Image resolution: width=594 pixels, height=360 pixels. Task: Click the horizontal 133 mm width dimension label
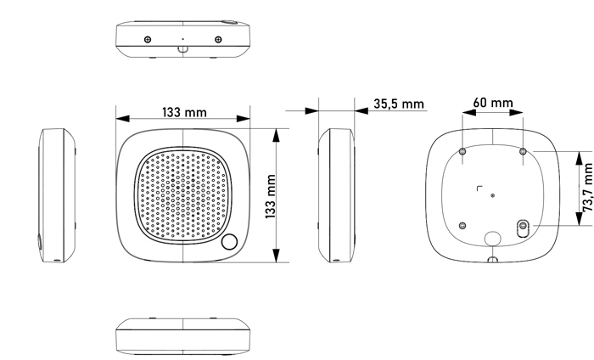point(184,113)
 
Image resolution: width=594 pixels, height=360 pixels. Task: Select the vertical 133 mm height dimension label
point(271,196)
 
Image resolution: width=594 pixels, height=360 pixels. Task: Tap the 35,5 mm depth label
point(399,104)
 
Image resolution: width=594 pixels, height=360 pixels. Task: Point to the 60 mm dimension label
point(493,103)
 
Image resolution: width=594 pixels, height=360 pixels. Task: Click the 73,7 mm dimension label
point(587,188)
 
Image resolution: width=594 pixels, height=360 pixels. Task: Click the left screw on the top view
point(148,39)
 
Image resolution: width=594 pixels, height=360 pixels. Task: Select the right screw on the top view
point(218,39)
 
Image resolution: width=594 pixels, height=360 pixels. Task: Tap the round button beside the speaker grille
point(229,242)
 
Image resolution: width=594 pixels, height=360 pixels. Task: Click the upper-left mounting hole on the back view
point(462,152)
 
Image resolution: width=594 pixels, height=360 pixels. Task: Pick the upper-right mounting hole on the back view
point(523,152)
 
